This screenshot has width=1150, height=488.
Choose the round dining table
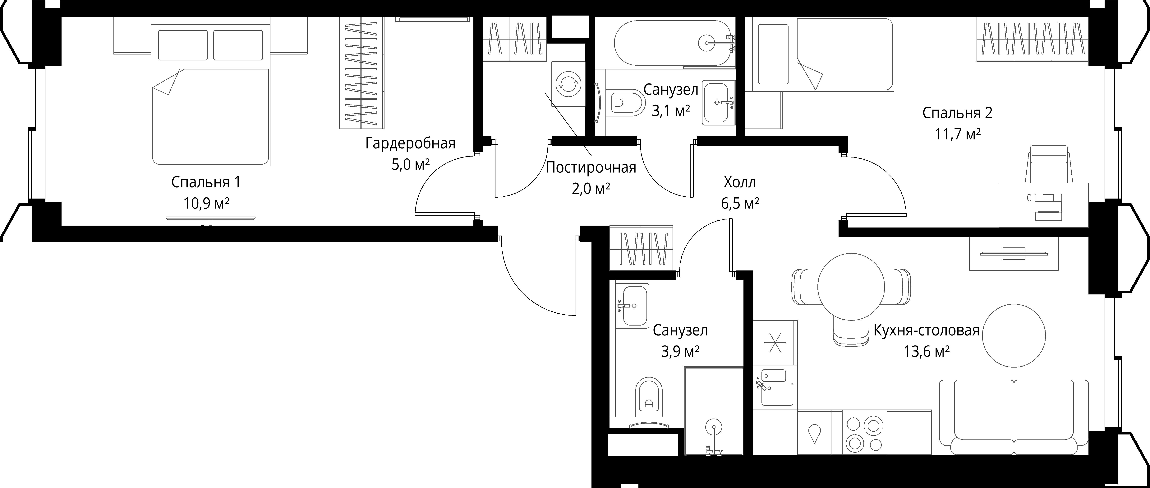pyautogui.click(x=851, y=286)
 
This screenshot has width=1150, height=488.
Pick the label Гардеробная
pyautogui.click(x=410, y=143)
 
